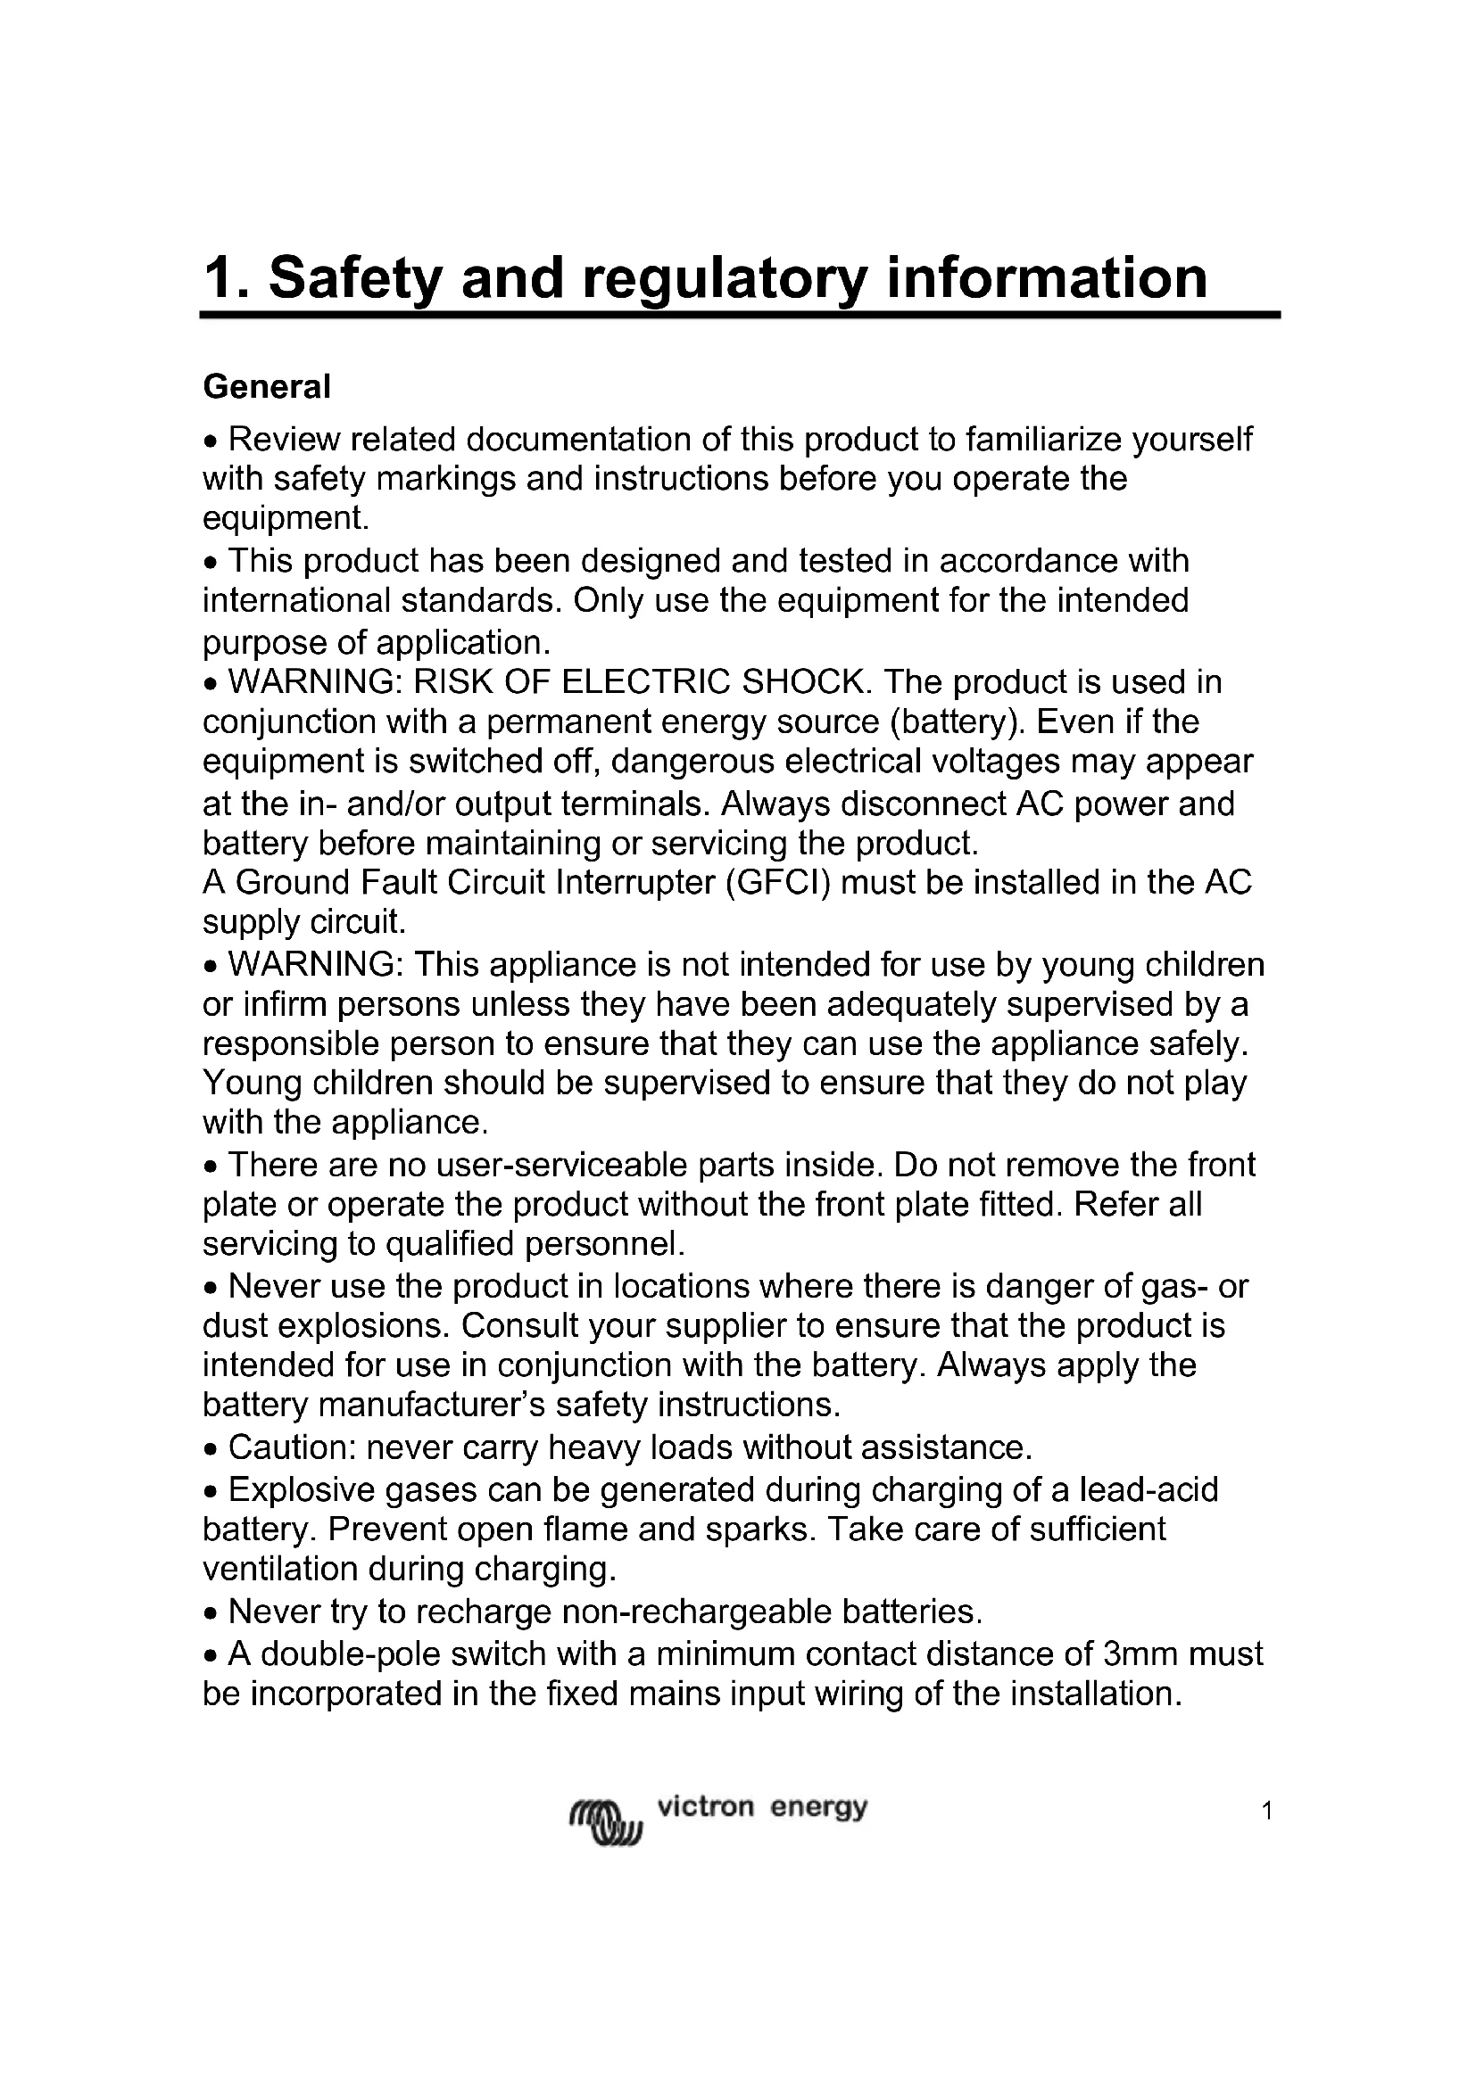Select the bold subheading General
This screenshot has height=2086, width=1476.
(266, 387)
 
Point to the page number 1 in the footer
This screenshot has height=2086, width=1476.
(1267, 1812)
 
